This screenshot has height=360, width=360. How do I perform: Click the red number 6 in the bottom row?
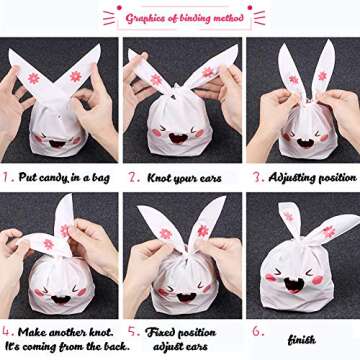point(256,329)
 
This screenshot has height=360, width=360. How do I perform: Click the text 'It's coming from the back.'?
point(61,346)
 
